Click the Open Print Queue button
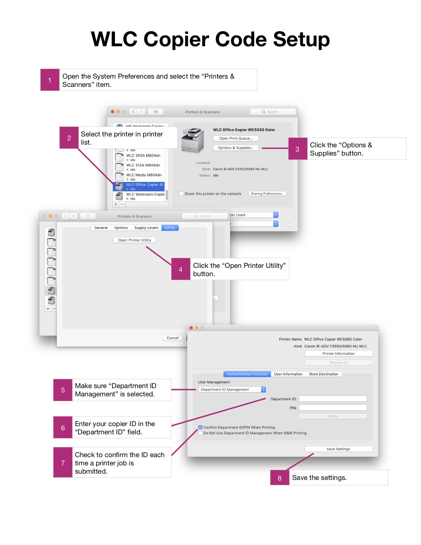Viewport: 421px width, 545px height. (236, 138)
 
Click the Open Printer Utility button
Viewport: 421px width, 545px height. (134, 240)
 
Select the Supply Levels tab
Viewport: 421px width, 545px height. (146, 228)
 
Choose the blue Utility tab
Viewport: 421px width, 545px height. (170, 228)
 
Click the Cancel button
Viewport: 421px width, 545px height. (172, 338)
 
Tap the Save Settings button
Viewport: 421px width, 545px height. (338, 449)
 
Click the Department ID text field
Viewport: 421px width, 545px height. (333, 399)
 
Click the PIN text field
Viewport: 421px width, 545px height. (333, 408)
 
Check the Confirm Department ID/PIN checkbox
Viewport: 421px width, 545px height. (200, 427)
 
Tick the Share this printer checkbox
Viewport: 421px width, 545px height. (181, 194)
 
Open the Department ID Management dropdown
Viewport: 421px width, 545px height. (232, 389)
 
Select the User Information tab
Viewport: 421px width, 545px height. (288, 374)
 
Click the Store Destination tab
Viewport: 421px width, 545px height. (323, 374)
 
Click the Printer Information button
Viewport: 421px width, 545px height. (338, 353)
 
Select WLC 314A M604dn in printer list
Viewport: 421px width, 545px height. (143, 165)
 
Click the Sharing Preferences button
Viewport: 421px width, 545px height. (267, 194)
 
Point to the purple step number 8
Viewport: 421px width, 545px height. (280, 478)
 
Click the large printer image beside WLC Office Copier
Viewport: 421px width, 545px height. (193, 140)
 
